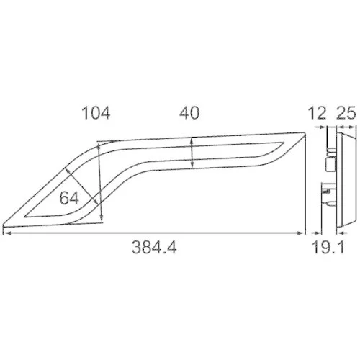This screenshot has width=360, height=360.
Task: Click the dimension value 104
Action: [96, 113]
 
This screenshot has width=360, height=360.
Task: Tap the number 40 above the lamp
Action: [189, 113]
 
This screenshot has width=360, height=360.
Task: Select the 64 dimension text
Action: [69, 198]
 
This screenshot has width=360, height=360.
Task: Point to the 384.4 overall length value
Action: [154, 248]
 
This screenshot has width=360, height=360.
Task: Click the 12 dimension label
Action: [317, 113]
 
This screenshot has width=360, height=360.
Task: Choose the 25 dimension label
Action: [346, 113]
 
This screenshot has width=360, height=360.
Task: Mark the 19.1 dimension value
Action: [328, 248]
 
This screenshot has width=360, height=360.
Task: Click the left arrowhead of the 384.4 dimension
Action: [6, 233]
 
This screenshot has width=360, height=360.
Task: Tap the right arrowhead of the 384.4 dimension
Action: [301, 233]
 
